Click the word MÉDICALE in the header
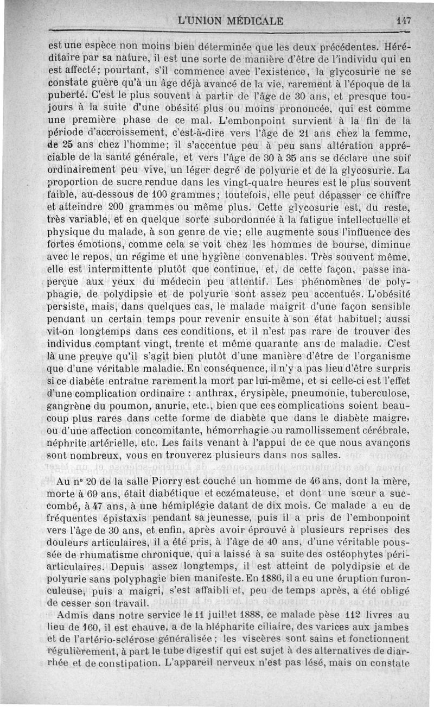(251, 22)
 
